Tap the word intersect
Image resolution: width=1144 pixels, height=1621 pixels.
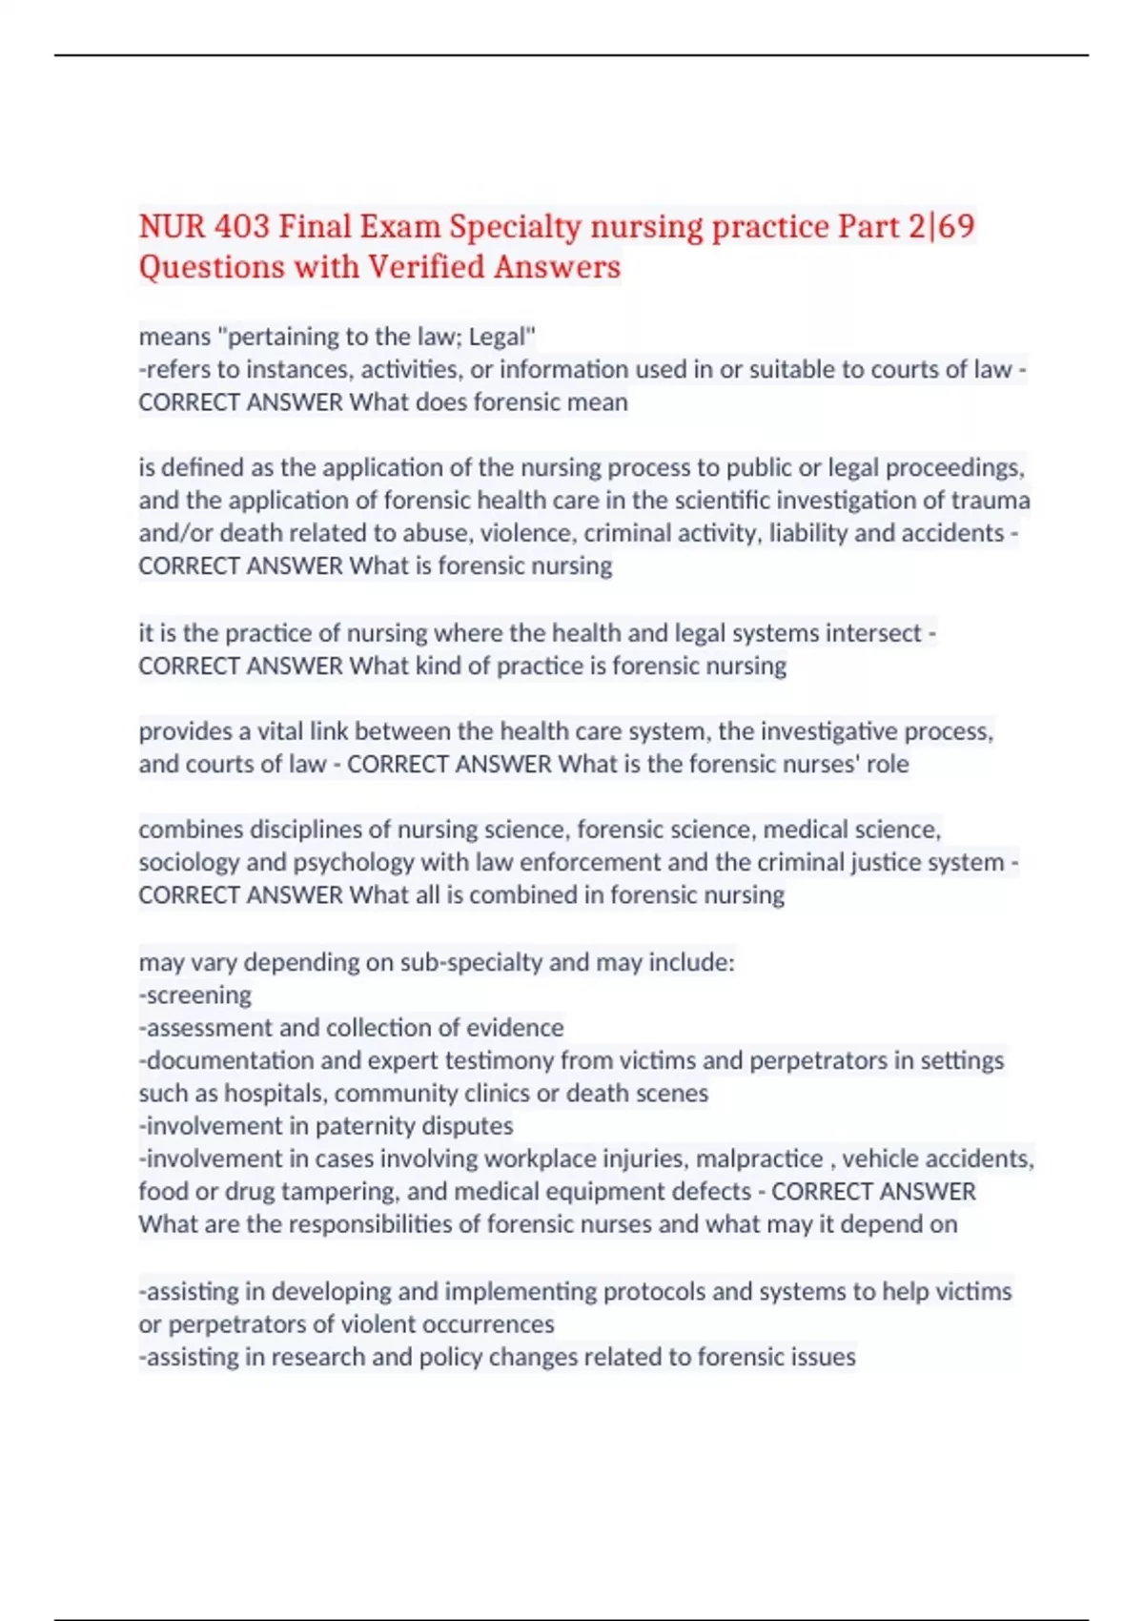click(x=873, y=633)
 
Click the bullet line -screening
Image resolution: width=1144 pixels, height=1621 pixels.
click(x=195, y=995)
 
